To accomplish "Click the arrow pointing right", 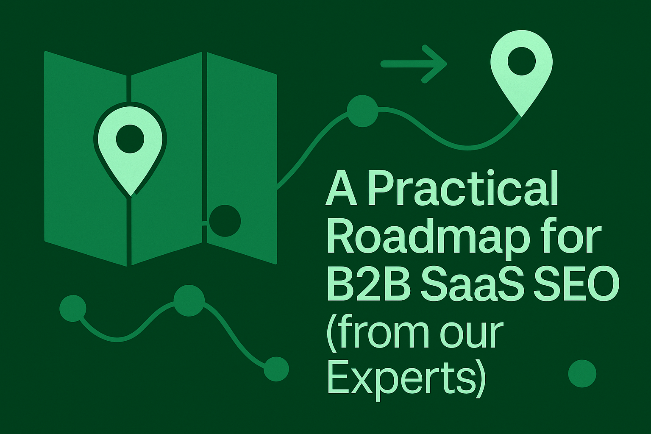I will pyautogui.click(x=414, y=64).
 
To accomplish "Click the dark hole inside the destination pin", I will pyautogui.click(x=521, y=61).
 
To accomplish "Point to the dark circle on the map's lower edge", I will pyautogui.click(x=225, y=221).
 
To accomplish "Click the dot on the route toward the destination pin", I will pyautogui.click(x=362, y=111).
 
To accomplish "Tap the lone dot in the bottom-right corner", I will pyautogui.click(x=582, y=373).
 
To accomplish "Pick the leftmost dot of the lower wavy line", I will pyautogui.click(x=73, y=308).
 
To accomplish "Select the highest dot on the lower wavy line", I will pyautogui.click(x=189, y=300).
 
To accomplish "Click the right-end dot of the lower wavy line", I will pyautogui.click(x=276, y=369).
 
